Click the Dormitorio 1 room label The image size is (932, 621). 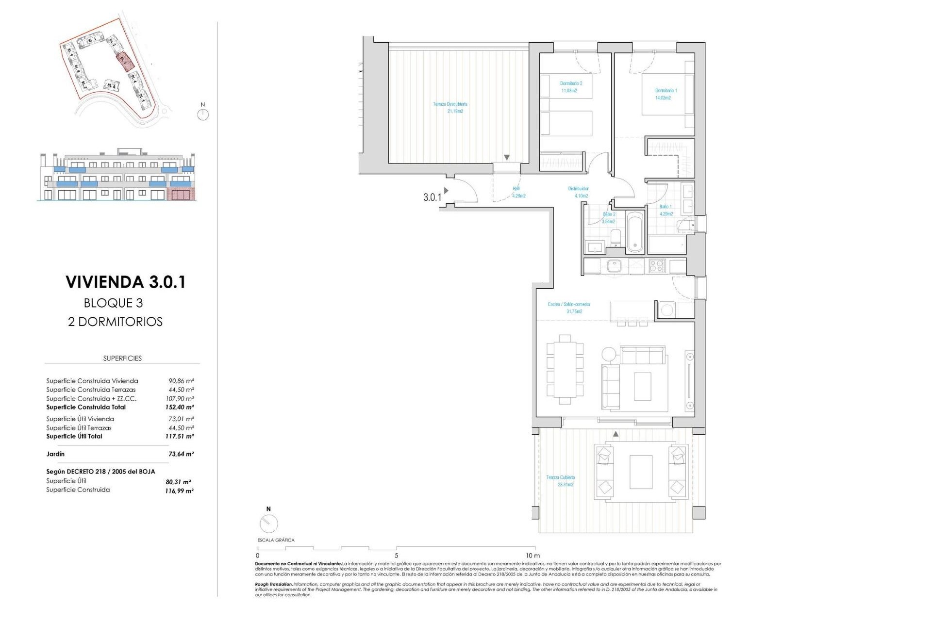tap(666, 91)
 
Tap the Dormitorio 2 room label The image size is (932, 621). tap(571, 83)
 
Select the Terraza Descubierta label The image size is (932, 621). tap(450, 104)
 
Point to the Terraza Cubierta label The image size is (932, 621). tap(561, 477)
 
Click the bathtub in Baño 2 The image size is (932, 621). tap(635, 232)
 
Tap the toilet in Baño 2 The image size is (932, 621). tap(616, 238)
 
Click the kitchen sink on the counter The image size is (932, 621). tap(614, 266)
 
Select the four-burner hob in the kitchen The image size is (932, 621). tap(657, 266)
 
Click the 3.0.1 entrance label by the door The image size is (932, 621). tap(432, 197)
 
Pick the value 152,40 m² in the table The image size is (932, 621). tap(179, 407)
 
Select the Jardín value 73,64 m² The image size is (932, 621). tap(181, 454)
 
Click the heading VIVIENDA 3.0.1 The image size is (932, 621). tap(126, 282)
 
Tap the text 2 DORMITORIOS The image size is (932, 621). tap(115, 322)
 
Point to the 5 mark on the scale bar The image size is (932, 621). tap(397, 556)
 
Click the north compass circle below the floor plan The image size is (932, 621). tap(268, 523)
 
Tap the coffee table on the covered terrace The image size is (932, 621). tap(641, 472)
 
